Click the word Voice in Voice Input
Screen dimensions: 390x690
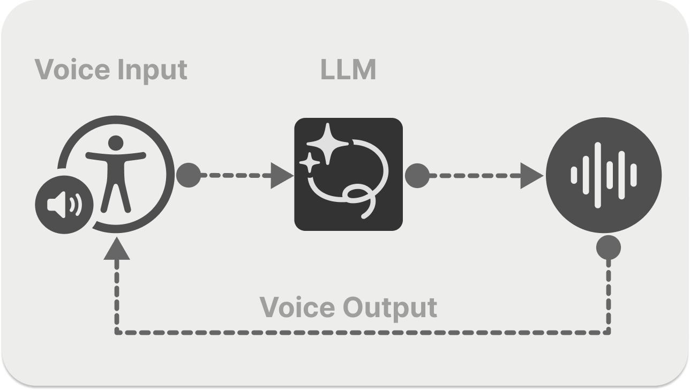point(69,70)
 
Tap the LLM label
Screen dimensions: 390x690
point(348,70)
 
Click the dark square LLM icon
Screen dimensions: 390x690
point(348,174)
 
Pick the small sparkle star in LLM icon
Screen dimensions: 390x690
point(310,161)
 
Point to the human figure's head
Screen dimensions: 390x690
point(115,143)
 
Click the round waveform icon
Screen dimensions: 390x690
point(604,175)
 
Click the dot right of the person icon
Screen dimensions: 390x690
point(188,175)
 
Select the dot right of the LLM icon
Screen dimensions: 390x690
point(417,175)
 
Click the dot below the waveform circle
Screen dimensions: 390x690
point(609,247)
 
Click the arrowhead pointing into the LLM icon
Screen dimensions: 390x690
point(282,175)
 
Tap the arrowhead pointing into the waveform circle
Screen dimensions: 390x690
point(532,175)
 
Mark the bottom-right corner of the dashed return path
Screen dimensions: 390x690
point(609,332)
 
